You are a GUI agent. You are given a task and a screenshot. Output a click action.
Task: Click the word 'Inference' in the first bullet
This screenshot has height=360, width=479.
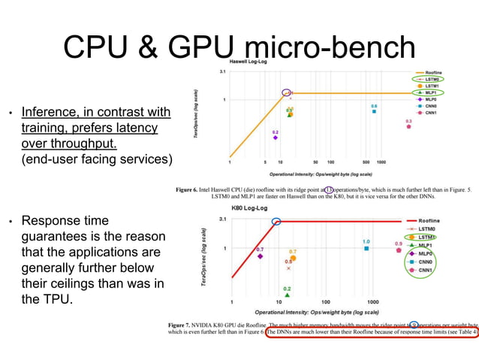click(x=51, y=113)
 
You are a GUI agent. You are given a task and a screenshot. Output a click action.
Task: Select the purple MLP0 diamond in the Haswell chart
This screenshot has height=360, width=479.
click(x=276, y=138)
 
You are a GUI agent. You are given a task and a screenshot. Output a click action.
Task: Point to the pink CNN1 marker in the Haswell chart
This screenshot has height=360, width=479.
click(x=408, y=127)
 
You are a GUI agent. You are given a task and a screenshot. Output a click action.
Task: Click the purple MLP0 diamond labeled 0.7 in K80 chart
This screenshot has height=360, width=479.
click(x=260, y=256)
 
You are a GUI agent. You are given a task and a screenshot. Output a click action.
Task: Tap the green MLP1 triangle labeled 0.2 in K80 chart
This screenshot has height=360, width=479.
click(x=287, y=295)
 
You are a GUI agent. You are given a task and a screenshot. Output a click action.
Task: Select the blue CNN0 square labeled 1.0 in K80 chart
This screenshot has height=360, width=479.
click(x=366, y=249)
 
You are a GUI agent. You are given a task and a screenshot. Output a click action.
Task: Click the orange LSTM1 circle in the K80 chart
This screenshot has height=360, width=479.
click(x=293, y=258)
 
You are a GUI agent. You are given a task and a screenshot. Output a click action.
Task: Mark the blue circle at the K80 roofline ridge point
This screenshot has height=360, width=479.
click(x=276, y=221)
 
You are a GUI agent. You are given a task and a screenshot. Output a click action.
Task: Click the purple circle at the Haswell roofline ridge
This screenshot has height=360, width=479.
click(x=286, y=92)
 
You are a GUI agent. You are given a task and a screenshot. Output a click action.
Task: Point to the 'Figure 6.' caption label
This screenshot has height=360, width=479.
click(x=189, y=190)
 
